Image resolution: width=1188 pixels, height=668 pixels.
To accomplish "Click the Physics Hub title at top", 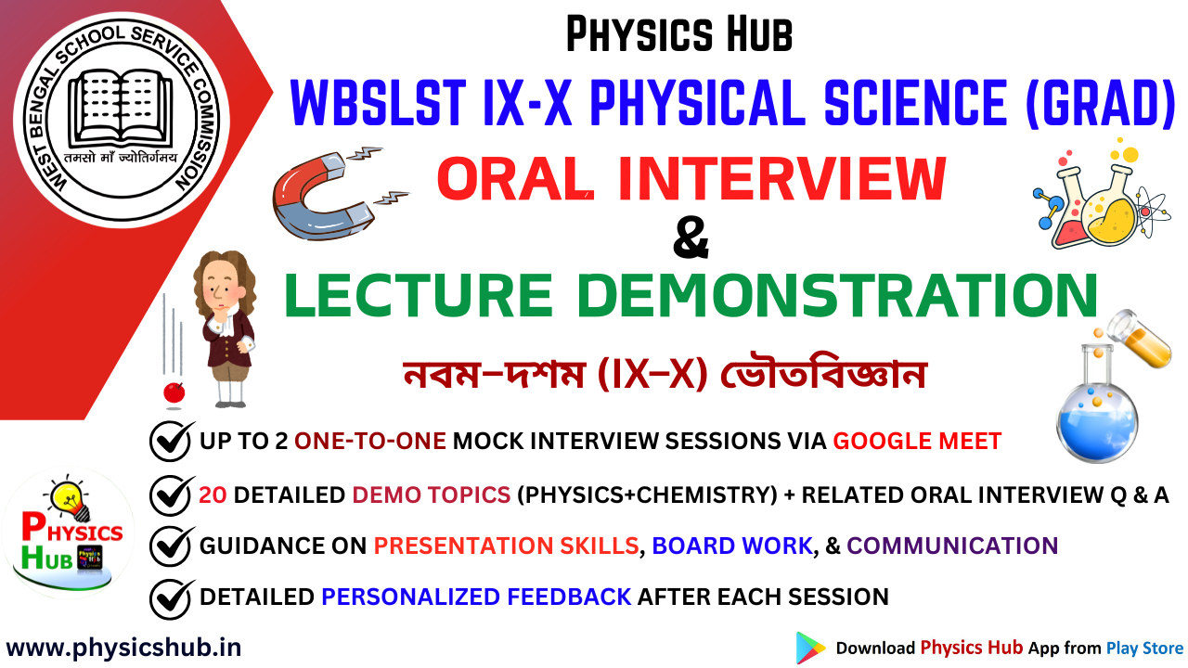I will pyautogui.click(x=679, y=35).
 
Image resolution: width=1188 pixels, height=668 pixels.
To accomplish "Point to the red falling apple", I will pyautogui.click(x=173, y=392).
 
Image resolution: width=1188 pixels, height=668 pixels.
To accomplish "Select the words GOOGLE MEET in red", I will pyautogui.click(x=917, y=441).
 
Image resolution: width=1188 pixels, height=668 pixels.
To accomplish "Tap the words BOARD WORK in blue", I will pyautogui.click(x=732, y=546).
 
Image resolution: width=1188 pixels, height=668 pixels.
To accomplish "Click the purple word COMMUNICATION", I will pyautogui.click(x=952, y=546).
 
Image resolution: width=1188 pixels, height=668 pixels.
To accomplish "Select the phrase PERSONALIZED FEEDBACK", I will pyautogui.click(x=476, y=597).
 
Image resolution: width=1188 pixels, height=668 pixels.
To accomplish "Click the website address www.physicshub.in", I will pyautogui.click(x=123, y=647).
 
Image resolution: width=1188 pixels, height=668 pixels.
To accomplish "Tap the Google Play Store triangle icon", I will pyautogui.click(x=809, y=648).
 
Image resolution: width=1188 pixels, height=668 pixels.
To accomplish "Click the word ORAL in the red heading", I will pyautogui.click(x=515, y=179).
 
